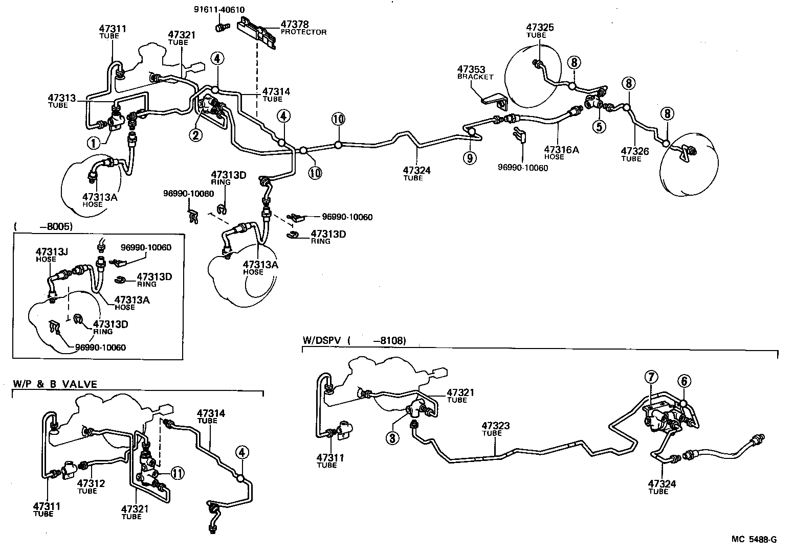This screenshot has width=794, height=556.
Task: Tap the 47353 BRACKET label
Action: tap(475, 72)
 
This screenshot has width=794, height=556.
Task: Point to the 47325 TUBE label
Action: tap(540, 30)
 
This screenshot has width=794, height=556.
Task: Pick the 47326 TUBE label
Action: tap(635, 154)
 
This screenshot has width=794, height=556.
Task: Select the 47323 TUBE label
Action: tap(495, 429)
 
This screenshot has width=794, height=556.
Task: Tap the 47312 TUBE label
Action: tap(91, 486)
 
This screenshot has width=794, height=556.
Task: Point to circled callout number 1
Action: tap(94, 143)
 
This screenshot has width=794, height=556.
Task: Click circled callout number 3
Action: tap(392, 438)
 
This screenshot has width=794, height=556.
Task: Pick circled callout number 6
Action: tap(684, 381)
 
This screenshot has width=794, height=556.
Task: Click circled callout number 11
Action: tap(177, 473)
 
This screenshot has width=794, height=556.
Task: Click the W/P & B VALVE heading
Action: tap(54, 384)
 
